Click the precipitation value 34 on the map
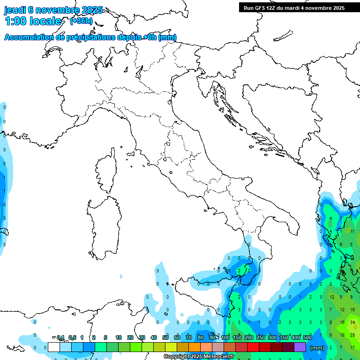coord(352,322)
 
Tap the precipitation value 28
coord(352,335)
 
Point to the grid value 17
coord(352,347)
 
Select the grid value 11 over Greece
coord(352,232)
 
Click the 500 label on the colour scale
coord(307,337)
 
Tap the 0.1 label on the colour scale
coord(60,337)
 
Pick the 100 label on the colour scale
coord(225,337)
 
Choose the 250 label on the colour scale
coord(261,337)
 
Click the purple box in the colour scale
coord(300,347)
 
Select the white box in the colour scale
coord(54,347)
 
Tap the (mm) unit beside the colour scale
coord(317,348)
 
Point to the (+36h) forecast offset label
coord(81,21)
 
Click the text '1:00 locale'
coord(33,22)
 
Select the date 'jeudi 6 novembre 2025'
coord(53,10)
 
